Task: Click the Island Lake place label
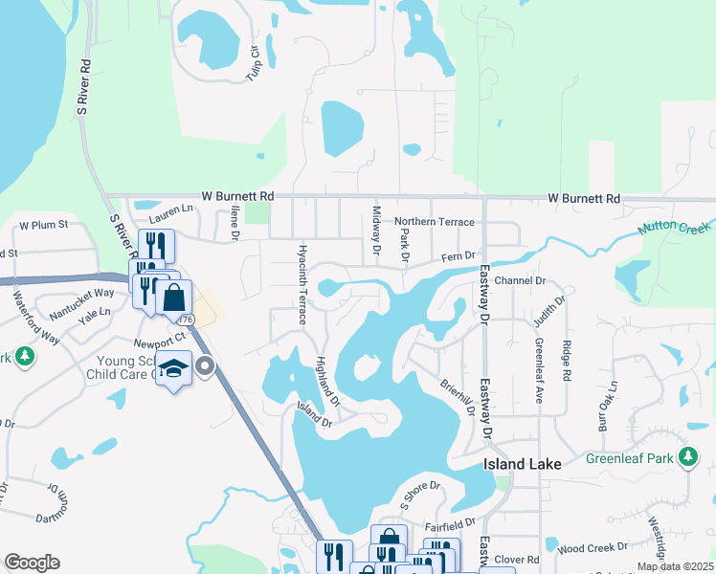pyautogui.click(x=519, y=464)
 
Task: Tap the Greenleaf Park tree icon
pyautogui.click(x=687, y=456)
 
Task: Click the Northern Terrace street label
pyautogui.click(x=434, y=222)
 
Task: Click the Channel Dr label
pyautogui.click(x=521, y=281)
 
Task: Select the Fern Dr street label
pyautogui.click(x=459, y=256)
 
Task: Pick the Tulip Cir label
pyautogui.click(x=255, y=62)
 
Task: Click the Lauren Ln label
pyautogui.click(x=170, y=208)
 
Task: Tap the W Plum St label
pyautogui.click(x=44, y=225)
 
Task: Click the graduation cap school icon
pyautogui.click(x=173, y=369)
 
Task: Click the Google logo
pyautogui.click(x=32, y=563)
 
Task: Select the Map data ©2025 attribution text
pyautogui.click(x=675, y=566)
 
